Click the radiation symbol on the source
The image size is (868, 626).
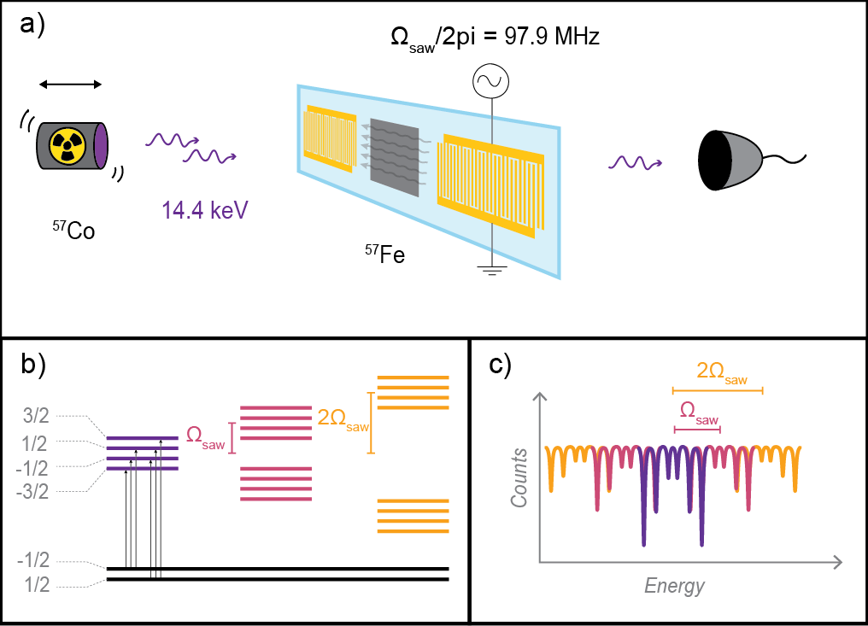pos(65,146)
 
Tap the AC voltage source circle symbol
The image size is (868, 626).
pos(491,83)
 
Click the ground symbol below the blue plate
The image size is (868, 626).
pos(491,271)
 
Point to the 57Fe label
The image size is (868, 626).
pos(385,253)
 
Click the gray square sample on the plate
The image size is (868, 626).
pos(394,157)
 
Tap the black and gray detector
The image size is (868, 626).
pos(731,159)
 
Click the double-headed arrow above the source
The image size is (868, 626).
pos(71,84)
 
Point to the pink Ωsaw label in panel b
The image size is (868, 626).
pos(206,436)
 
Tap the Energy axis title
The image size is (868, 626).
pos(675,586)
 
